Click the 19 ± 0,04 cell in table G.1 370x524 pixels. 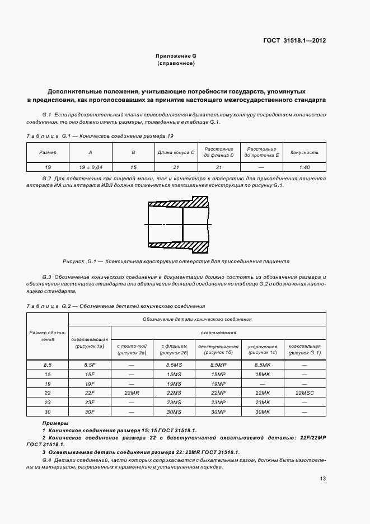coord(90,167)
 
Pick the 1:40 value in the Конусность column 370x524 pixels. coord(304,167)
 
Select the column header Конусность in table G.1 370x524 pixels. coord(304,152)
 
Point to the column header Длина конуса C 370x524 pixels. coord(176,152)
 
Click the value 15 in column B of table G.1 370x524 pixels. coord(133,167)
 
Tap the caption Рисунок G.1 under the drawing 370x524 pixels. coord(176,261)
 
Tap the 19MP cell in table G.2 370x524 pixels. coord(218,384)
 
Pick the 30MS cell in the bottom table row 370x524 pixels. coord(175,413)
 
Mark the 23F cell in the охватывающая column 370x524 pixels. coord(90,403)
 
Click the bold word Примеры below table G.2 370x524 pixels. coord(55,423)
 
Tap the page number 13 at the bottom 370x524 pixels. coord(323,479)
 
